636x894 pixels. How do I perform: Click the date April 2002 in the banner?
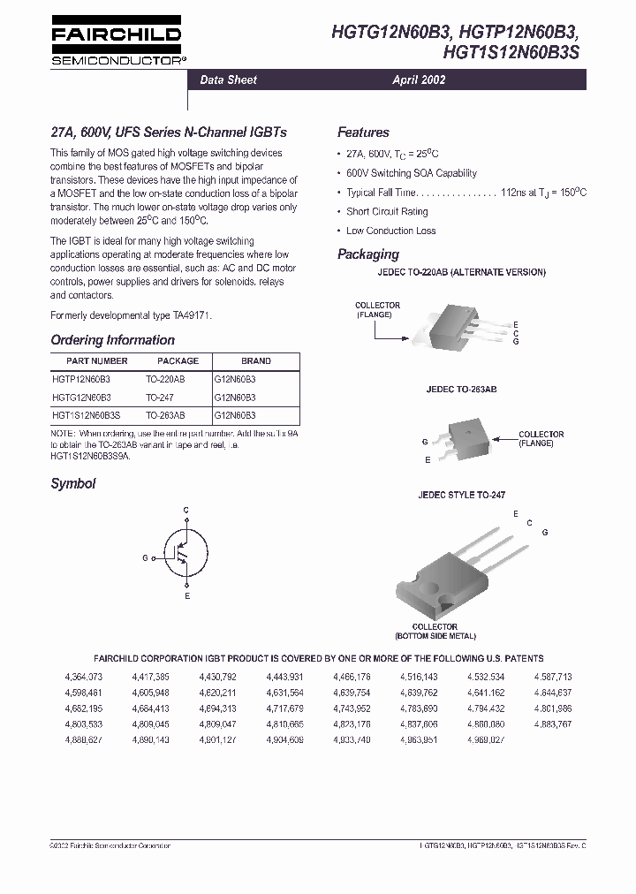[x=419, y=80]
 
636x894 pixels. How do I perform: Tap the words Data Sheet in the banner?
[x=228, y=80]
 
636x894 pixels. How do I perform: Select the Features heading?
[x=363, y=133]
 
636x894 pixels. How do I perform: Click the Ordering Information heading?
[x=112, y=340]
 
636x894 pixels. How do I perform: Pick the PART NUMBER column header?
[x=97, y=361]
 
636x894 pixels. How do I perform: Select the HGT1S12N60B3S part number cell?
[x=86, y=414]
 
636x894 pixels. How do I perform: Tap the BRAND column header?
[x=255, y=361]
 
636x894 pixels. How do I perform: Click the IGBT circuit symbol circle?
[x=185, y=557]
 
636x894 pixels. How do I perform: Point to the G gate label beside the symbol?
[x=145, y=558]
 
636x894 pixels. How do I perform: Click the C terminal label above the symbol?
[x=186, y=511]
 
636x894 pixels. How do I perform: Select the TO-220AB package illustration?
[x=457, y=326]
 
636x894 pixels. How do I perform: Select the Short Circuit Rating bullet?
[x=386, y=212]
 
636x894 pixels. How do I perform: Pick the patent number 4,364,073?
[x=83, y=677]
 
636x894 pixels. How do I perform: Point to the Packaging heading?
[x=367, y=254]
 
